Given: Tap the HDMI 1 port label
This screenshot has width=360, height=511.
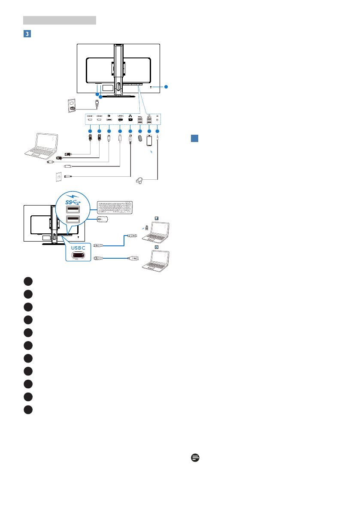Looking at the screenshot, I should coord(90,116).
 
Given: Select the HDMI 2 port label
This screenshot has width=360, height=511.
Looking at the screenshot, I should coord(99,116).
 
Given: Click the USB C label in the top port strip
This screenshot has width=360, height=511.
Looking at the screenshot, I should coord(120,116).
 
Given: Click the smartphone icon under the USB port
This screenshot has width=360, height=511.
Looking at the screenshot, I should coord(149,140).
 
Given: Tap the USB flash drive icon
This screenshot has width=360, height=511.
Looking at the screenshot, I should coord(139,139).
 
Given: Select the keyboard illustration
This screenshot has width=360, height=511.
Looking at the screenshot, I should coord(115,208).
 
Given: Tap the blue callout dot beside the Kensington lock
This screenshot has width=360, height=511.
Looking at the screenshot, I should coord(166,87).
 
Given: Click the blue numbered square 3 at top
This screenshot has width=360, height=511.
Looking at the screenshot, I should coord(27,33).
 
